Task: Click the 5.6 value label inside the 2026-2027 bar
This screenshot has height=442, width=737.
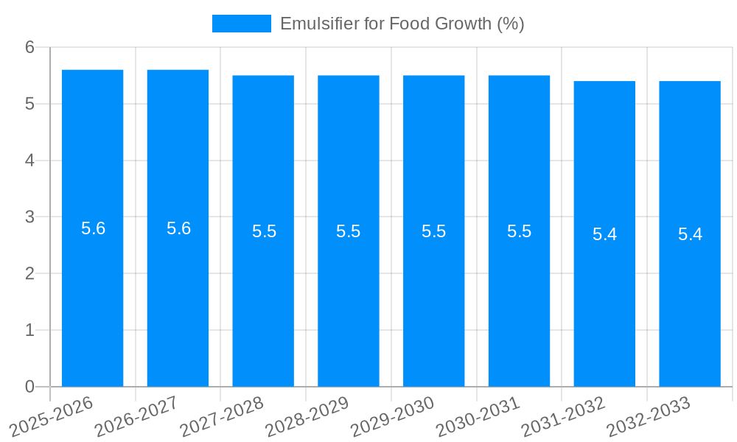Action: click(178, 228)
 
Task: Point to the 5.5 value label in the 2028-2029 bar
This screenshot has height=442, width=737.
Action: click(348, 231)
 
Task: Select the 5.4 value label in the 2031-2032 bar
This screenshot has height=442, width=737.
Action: click(604, 234)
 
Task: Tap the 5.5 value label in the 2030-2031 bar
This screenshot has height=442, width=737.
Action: click(519, 231)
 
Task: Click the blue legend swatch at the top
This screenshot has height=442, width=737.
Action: click(241, 24)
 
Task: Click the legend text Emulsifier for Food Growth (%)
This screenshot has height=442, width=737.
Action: click(402, 24)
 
